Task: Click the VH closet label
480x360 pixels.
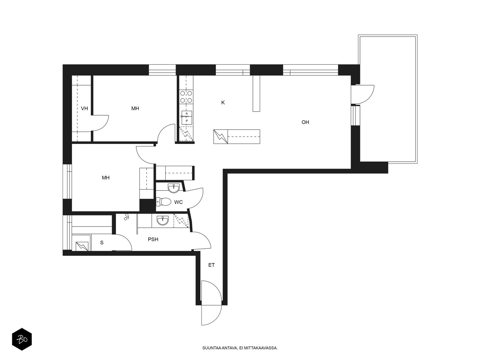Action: click(84, 108)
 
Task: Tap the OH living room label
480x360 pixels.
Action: click(305, 122)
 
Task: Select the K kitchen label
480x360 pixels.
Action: click(223, 103)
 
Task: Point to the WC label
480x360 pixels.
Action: click(178, 202)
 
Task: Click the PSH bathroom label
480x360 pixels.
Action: click(153, 239)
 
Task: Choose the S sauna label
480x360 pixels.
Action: click(102, 242)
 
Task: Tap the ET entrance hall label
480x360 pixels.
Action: click(211, 265)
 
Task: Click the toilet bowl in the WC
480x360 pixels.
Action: click(163, 202)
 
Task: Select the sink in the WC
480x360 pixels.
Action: click(174, 188)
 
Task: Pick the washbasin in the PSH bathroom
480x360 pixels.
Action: click(163, 220)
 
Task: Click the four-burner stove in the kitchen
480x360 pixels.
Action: click(186, 97)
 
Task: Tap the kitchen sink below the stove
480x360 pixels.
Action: click(187, 118)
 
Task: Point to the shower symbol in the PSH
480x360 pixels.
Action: click(126, 217)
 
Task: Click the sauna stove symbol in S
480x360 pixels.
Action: click(82, 246)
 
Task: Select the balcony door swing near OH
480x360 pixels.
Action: click(363, 94)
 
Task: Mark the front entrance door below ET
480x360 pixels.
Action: click(211, 303)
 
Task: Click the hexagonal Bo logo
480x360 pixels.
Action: click(22, 339)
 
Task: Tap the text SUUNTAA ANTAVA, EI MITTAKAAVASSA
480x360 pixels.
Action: click(240, 348)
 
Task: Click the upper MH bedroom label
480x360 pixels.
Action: click(135, 108)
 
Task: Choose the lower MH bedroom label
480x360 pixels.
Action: click(106, 178)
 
